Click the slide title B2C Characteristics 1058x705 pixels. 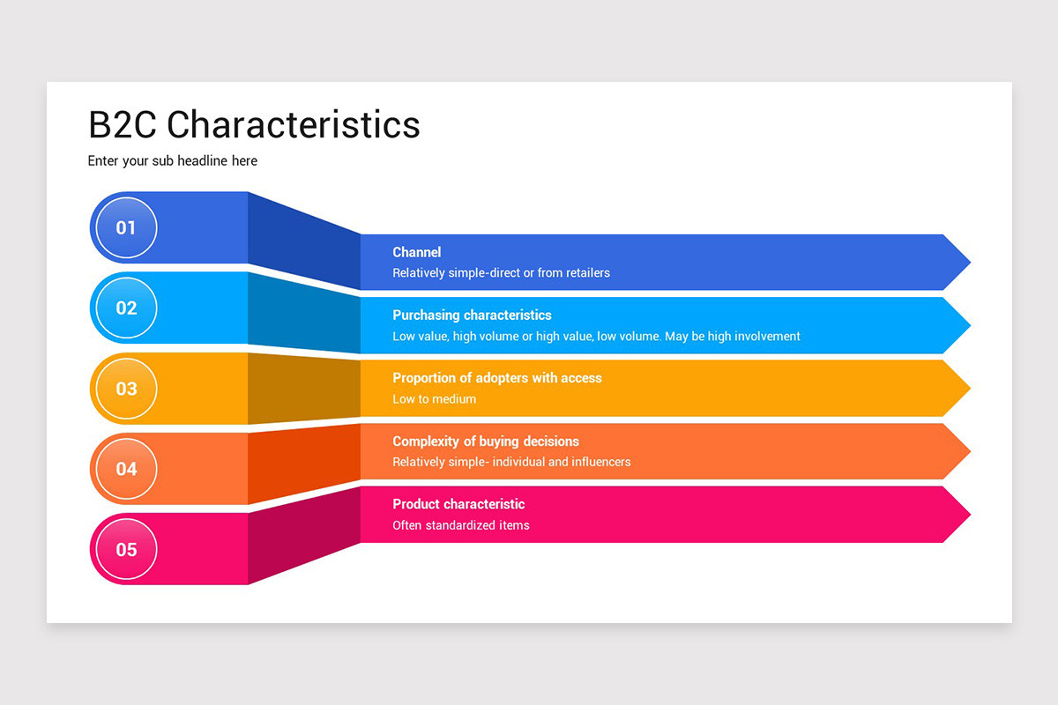pyautogui.click(x=254, y=124)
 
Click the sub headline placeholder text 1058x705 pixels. pyautogui.click(x=172, y=160)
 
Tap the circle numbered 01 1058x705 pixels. pyautogui.click(x=126, y=227)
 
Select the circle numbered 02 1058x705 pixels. pyautogui.click(x=126, y=308)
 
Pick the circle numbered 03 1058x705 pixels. pyautogui.click(x=126, y=389)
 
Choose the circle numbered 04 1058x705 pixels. pyautogui.click(x=126, y=469)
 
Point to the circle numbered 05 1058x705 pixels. pyautogui.click(x=126, y=549)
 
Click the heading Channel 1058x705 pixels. pyautogui.click(x=416, y=252)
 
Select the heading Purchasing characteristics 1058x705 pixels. pyautogui.click(x=472, y=315)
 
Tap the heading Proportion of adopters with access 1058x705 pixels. pyautogui.click(x=496, y=378)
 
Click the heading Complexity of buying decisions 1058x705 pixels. pyautogui.click(x=485, y=441)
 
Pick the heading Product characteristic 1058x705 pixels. pyautogui.click(x=458, y=504)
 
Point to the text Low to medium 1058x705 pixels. pyautogui.click(x=434, y=399)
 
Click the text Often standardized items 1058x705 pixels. pyautogui.click(x=460, y=525)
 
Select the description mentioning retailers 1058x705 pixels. pyautogui.click(x=501, y=273)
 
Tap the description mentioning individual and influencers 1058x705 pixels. pyautogui.click(x=511, y=462)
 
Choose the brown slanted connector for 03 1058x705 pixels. pyautogui.click(x=304, y=387)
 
